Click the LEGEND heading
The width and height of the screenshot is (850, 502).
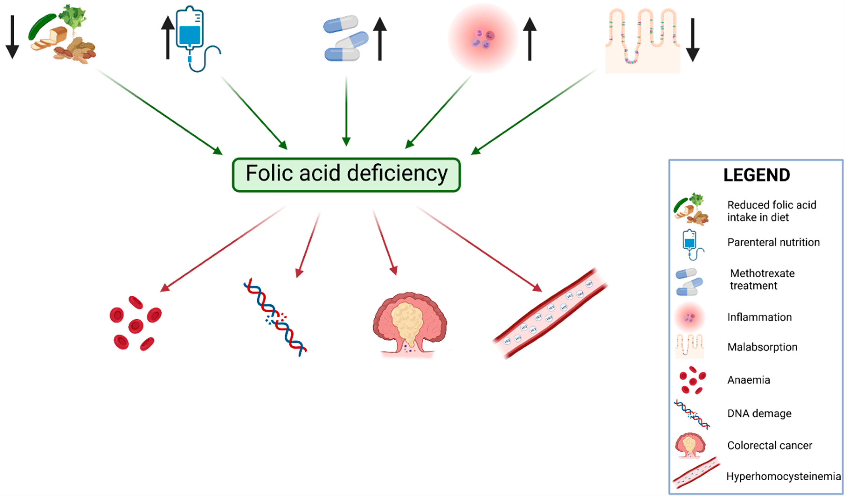point(757,175)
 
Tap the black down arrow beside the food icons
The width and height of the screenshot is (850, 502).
point(13,37)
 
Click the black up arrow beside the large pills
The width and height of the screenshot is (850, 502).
point(380,39)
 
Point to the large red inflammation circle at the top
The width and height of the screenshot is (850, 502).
point(483,38)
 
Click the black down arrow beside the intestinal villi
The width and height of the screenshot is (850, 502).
point(693,40)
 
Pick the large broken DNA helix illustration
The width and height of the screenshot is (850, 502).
point(275,317)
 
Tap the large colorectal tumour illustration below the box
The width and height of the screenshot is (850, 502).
point(409,323)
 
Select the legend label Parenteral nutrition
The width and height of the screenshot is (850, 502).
point(773,242)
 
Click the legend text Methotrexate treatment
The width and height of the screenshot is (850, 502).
point(762,279)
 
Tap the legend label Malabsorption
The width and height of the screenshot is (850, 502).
point(762,347)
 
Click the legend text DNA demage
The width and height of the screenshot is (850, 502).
point(759,413)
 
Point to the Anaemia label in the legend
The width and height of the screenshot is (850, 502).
point(749,380)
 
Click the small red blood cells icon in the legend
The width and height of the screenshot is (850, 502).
point(692,380)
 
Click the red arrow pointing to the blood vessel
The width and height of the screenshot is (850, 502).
point(480,249)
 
